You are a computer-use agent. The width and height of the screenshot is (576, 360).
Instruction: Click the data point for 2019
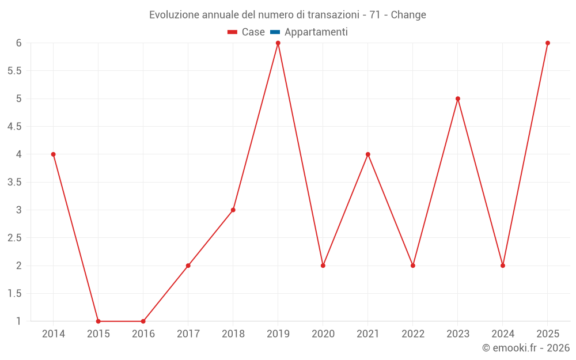[278, 43]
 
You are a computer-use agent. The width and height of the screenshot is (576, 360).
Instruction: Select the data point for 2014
[54, 154]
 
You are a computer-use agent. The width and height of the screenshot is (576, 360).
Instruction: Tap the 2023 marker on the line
[458, 98]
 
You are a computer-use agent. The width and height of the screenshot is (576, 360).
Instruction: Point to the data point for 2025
[548, 43]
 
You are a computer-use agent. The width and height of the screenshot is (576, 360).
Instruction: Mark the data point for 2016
[143, 321]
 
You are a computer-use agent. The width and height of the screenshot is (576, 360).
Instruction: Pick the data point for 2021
[368, 154]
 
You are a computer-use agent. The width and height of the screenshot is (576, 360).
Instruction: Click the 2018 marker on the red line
[233, 210]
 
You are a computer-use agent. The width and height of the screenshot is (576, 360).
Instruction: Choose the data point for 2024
[503, 266]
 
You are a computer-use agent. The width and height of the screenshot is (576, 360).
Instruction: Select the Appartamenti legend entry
[316, 32]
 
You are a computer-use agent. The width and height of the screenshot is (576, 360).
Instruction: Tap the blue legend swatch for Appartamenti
[275, 32]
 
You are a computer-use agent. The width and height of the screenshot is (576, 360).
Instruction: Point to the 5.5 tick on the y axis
[14, 71]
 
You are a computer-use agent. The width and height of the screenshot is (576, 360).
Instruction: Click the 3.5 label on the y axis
[14, 182]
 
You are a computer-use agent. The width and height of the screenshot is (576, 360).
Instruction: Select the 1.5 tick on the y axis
[14, 294]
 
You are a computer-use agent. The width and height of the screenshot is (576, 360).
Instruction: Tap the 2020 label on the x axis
[323, 334]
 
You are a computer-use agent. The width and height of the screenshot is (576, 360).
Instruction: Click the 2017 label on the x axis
[188, 334]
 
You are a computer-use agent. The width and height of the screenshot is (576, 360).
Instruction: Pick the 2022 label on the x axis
[413, 334]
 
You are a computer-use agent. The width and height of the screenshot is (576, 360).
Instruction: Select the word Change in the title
[408, 15]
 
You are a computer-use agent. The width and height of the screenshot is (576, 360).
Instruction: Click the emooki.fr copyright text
[526, 348]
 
